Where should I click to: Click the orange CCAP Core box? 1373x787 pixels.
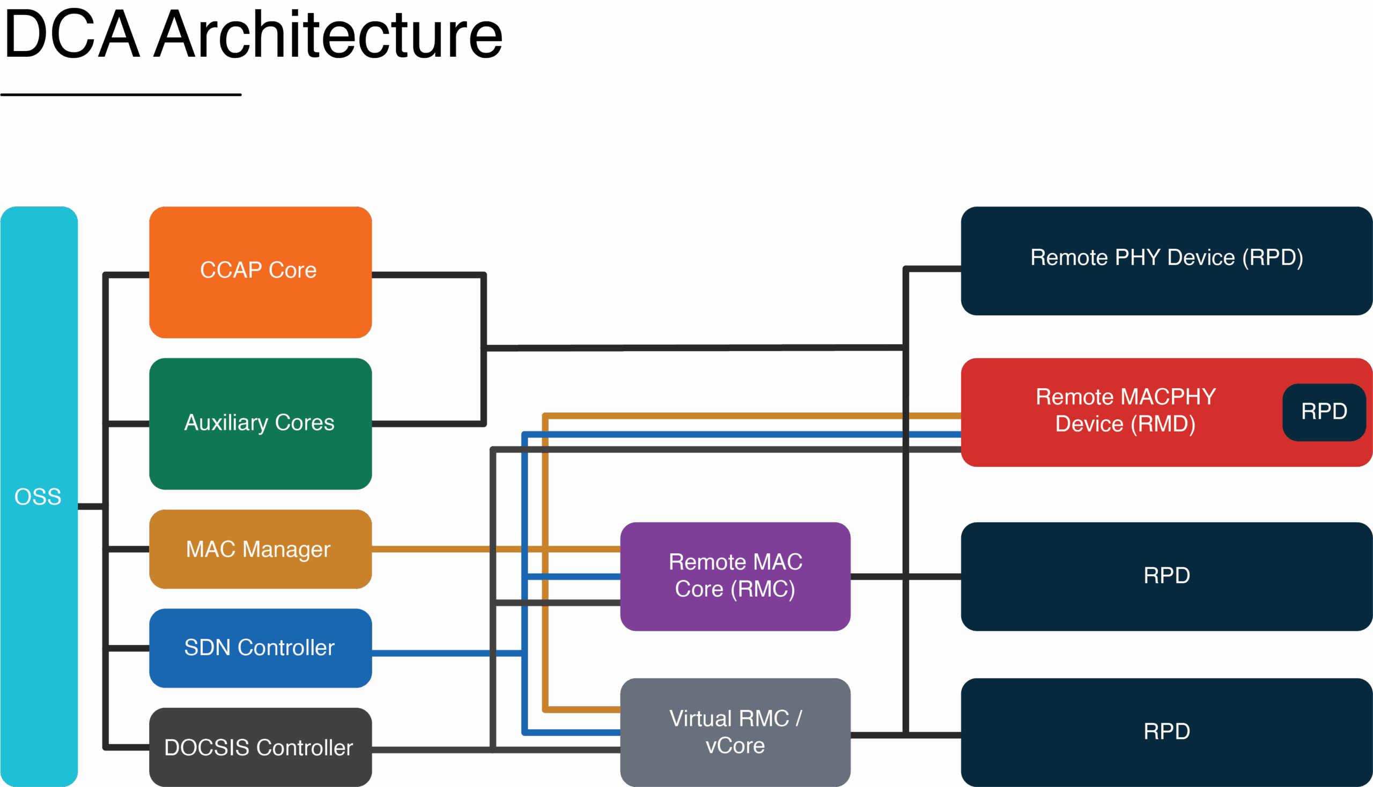260,272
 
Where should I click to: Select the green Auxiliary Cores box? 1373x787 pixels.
260,423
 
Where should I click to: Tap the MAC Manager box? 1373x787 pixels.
260,548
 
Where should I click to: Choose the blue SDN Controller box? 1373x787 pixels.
260,648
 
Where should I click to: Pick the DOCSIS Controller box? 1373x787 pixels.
260,747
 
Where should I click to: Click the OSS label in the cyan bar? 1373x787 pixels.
38,496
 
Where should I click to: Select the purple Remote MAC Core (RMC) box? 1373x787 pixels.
735,576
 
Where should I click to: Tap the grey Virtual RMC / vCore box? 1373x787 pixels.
735,732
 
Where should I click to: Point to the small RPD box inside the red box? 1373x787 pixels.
1323,412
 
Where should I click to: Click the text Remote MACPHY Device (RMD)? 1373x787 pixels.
1125,410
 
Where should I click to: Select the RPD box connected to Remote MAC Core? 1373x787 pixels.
1166,576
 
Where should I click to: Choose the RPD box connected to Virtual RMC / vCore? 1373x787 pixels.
1166,732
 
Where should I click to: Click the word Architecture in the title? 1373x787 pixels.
328,35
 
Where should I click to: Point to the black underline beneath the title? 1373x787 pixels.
121,94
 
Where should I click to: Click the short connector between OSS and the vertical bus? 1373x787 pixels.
90,507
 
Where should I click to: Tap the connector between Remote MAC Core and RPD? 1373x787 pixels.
876,577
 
